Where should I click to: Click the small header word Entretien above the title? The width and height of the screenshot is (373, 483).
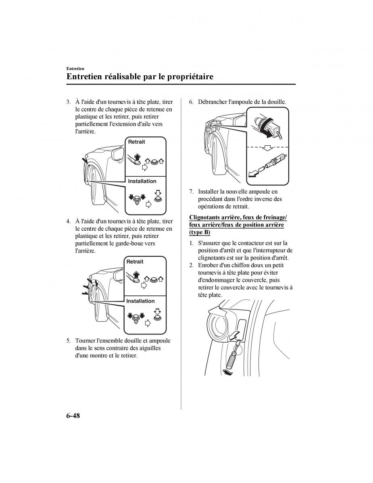[75, 69]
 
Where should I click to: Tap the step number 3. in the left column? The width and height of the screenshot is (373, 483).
[69, 102]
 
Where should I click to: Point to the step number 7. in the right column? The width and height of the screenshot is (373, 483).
[192, 192]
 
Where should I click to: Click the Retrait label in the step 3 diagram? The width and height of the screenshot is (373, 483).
[137, 142]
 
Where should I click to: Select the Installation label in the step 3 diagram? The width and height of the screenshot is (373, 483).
[142, 181]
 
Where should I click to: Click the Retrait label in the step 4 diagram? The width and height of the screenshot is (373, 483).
[135, 262]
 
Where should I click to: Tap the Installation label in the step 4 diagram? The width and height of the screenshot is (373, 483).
[140, 301]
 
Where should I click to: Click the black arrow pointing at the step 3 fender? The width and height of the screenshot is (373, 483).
[85, 160]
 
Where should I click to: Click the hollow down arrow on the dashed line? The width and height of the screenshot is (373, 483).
[268, 148]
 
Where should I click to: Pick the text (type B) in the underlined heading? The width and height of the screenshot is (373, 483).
[200, 232]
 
